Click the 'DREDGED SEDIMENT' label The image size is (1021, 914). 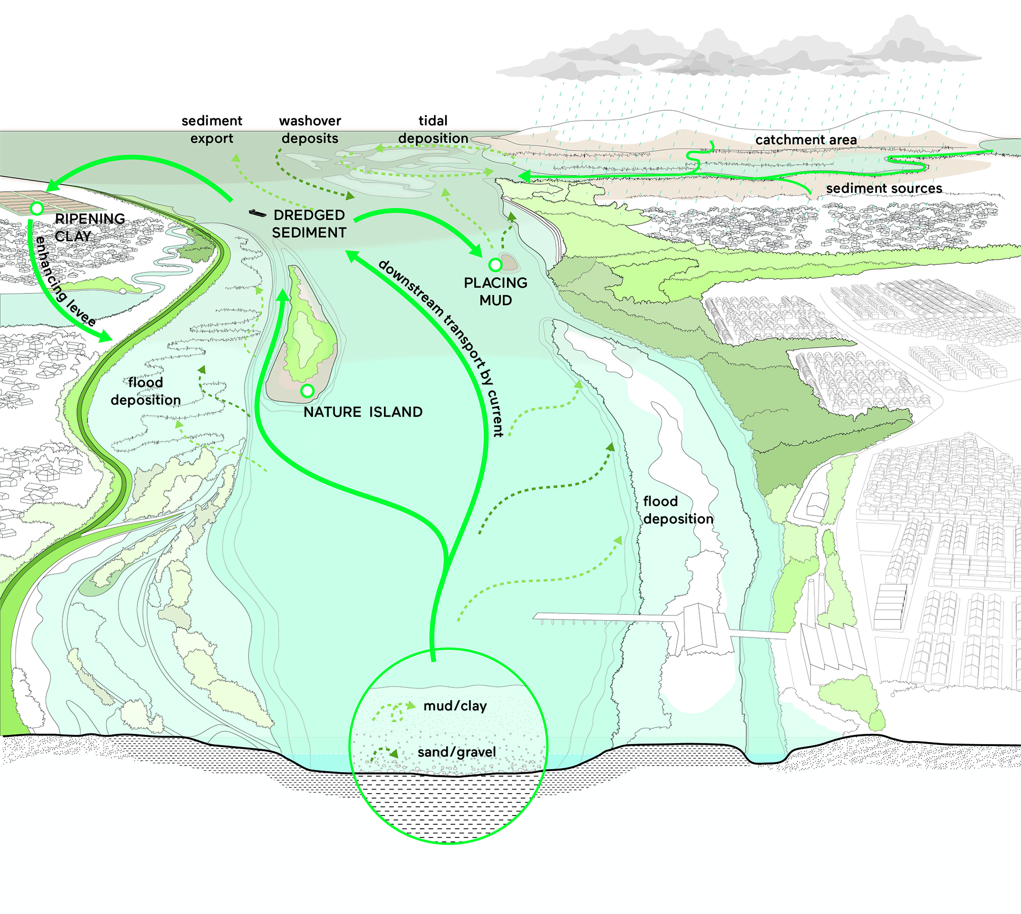(309, 224)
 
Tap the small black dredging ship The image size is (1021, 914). (257, 213)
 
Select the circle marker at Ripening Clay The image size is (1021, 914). (37, 208)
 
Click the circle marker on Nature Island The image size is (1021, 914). (307, 391)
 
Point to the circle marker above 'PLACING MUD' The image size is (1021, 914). (495, 265)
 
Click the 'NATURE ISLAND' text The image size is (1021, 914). (363, 412)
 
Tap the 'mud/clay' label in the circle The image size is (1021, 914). (455, 706)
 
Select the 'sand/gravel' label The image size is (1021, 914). (456, 752)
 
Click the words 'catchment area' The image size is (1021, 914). (806, 140)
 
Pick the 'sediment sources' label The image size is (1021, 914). (884, 188)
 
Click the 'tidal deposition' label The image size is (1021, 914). (433, 130)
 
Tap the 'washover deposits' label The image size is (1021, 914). (310, 130)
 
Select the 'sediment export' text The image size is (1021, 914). (212, 130)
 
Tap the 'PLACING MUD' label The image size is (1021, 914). (495, 291)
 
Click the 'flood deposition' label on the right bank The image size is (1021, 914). (678, 510)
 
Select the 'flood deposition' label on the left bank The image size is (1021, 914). (145, 391)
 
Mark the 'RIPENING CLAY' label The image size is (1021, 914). (89, 228)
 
